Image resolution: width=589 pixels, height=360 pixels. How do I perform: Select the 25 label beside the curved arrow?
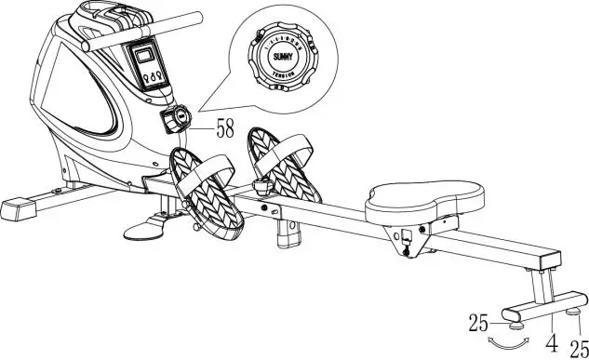[x=480, y=324]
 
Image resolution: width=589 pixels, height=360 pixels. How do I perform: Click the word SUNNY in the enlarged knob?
[x=283, y=55]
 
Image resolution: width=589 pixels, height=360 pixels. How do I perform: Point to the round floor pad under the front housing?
[x=151, y=224]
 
